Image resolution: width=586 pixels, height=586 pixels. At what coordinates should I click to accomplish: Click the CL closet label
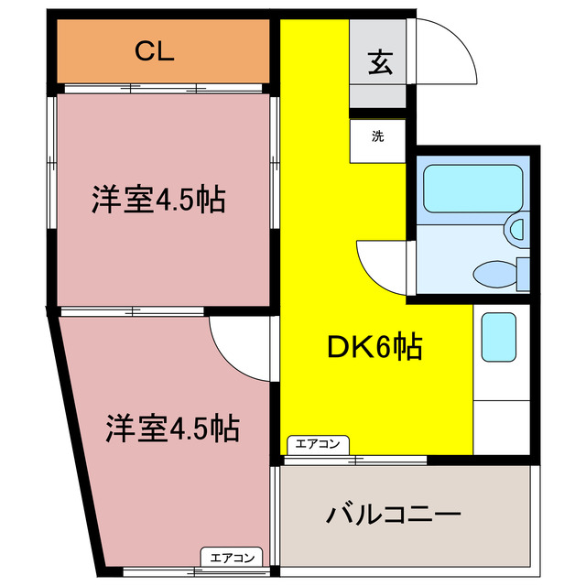coord(155,52)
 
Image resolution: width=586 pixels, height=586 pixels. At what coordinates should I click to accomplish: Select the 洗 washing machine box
coord(377,138)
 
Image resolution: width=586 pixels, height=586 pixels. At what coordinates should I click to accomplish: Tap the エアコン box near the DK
coord(317,445)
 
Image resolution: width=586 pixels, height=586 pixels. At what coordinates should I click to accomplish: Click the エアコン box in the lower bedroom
coord(232,557)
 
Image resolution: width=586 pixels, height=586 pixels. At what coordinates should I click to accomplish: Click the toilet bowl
coord(494,272)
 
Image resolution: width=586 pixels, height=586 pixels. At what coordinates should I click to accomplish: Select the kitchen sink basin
coord(499,336)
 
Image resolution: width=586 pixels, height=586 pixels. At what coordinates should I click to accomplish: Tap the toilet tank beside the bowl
coord(524,273)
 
